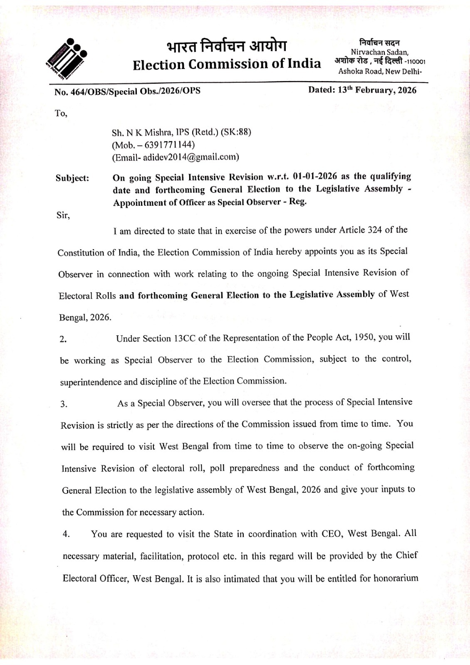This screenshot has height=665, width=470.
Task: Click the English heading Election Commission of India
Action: (227, 64)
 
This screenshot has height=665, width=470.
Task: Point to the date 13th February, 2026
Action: (376, 90)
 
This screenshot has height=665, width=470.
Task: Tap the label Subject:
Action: (72, 178)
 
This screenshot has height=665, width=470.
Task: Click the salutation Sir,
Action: (63, 216)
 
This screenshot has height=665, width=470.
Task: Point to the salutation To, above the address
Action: (61, 113)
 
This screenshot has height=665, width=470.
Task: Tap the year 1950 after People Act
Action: (364, 337)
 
